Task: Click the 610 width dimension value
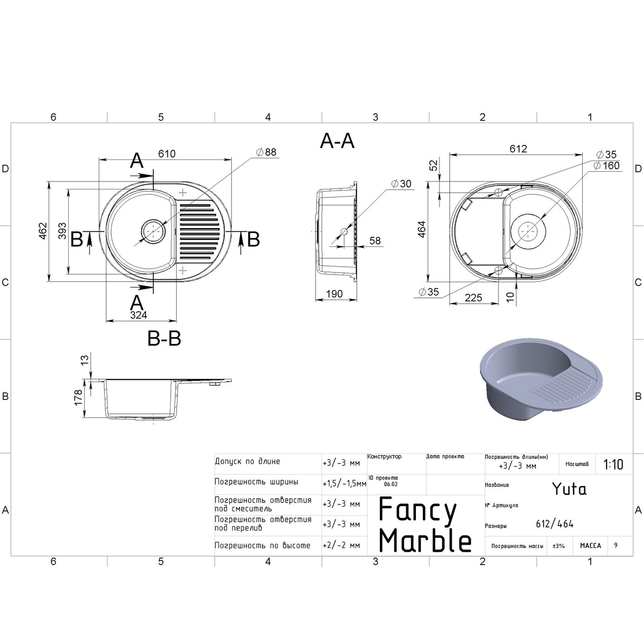pyautogui.click(x=166, y=153)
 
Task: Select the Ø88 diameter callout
pyautogui.click(x=266, y=152)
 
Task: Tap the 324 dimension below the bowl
pyautogui.click(x=138, y=315)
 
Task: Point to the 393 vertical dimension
pyautogui.click(x=62, y=231)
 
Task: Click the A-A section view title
pyautogui.click(x=337, y=141)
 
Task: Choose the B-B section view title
pyautogui.click(x=164, y=339)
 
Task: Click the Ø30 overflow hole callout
pyautogui.click(x=401, y=184)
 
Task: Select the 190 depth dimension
pyautogui.click(x=334, y=294)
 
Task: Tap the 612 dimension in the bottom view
pyautogui.click(x=518, y=148)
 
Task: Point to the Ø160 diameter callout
pyautogui.click(x=606, y=165)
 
